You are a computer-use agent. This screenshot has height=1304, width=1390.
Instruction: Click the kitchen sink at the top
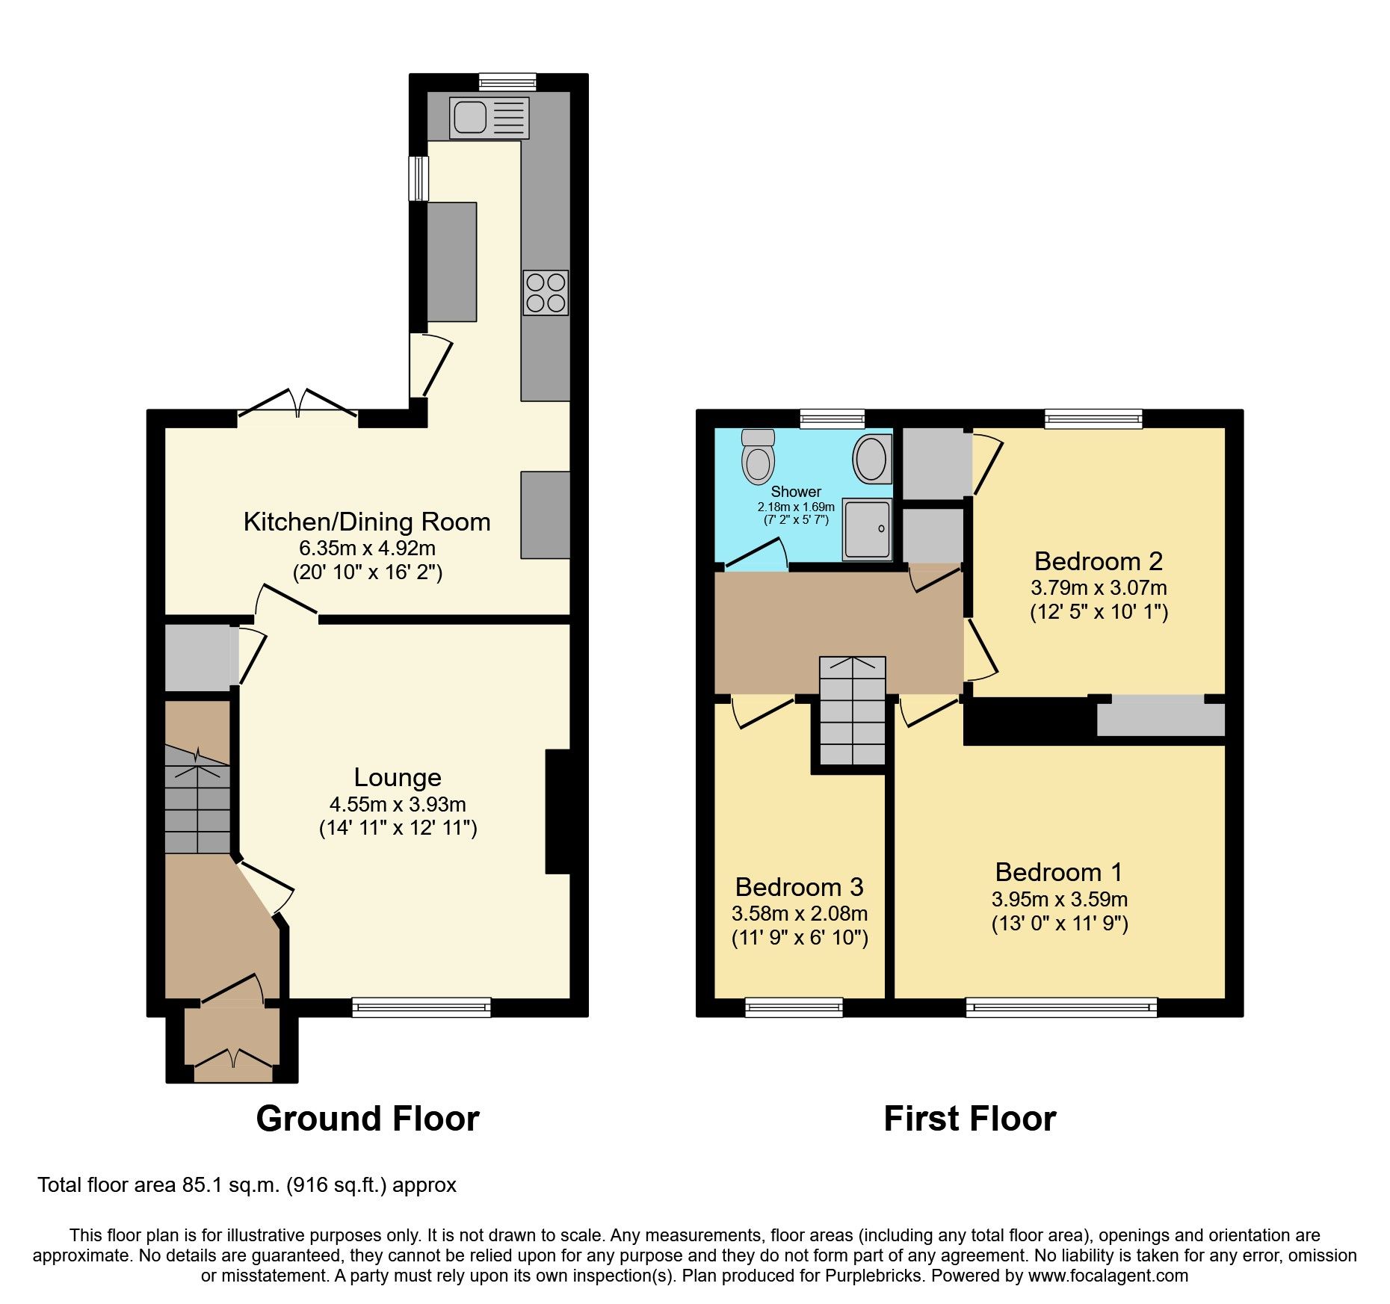click(489, 118)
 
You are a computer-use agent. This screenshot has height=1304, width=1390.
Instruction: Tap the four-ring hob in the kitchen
click(546, 293)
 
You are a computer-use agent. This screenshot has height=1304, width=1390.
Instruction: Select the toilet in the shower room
click(758, 457)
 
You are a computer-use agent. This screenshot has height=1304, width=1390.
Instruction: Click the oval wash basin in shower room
click(871, 459)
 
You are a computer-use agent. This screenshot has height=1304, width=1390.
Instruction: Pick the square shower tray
click(868, 530)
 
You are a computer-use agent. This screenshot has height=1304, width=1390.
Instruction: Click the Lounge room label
click(397, 777)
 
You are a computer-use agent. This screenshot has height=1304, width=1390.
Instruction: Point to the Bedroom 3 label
click(799, 887)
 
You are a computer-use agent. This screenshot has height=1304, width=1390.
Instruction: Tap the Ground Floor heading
click(367, 1119)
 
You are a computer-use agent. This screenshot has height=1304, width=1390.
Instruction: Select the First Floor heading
click(969, 1119)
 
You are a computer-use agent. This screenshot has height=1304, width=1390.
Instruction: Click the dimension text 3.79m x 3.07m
click(1098, 587)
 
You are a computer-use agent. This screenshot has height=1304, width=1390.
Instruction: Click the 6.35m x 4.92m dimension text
click(367, 548)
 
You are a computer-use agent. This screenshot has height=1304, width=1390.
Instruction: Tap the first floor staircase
click(852, 711)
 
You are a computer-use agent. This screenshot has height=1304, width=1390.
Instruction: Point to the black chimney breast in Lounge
click(557, 811)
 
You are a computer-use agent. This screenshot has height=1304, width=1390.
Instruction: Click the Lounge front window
click(421, 1007)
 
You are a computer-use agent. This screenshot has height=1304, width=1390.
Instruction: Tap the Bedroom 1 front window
click(1061, 1007)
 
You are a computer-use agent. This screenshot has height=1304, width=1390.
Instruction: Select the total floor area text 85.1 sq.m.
click(247, 1185)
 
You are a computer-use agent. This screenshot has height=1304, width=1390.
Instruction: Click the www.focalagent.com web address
click(1108, 1276)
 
